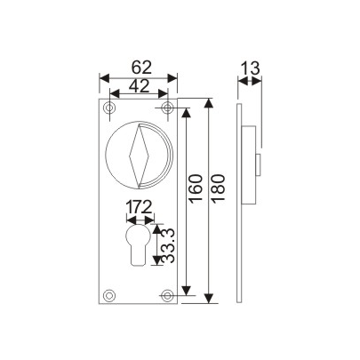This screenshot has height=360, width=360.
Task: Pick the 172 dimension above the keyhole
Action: pyautogui.click(x=139, y=209)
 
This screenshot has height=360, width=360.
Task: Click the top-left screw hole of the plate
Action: pyautogui.click(x=109, y=108)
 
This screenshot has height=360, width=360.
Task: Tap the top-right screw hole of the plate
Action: pyautogui.click(x=167, y=108)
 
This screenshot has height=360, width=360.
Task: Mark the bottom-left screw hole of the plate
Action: pyautogui.click(x=109, y=294)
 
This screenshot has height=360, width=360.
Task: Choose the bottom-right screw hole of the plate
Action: pyautogui.click(x=167, y=294)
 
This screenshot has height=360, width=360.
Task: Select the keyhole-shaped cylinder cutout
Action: pyautogui.click(x=138, y=244)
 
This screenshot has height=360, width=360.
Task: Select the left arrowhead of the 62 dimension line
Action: pyautogui.click(x=102, y=77)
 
